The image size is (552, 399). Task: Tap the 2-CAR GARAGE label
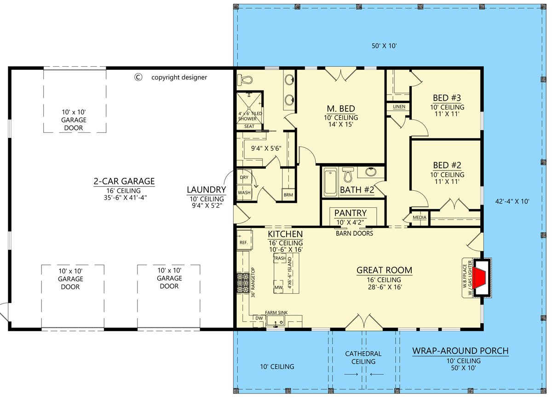click(124, 181)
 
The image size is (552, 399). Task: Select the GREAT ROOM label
click(384, 270)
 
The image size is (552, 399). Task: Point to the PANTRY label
click(351, 213)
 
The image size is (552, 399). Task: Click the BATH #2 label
click(357, 190)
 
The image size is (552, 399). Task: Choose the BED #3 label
click(447, 98)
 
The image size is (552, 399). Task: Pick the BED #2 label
click(447, 165)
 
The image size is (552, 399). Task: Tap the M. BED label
click(341, 108)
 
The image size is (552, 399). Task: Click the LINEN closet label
click(399, 107)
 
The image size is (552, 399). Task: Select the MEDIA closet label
click(420, 217)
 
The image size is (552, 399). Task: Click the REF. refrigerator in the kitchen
click(244, 240)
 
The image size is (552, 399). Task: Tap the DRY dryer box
click(244, 177)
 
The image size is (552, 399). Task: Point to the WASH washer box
click(244, 192)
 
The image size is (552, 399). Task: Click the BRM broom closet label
click(288, 195)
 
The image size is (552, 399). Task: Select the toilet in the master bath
click(245, 80)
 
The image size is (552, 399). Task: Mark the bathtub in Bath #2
click(330, 182)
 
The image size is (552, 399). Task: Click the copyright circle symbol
click(138, 77)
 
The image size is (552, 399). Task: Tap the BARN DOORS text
click(354, 234)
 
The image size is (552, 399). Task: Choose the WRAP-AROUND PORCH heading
click(460, 351)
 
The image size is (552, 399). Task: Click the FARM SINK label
click(276, 313)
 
